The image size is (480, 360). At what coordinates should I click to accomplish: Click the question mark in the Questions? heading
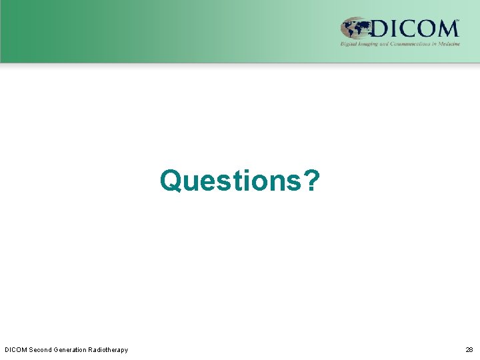[311, 180]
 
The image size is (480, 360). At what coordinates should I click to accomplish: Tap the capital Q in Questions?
[171, 181]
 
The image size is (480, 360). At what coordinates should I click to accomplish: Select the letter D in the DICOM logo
[381, 29]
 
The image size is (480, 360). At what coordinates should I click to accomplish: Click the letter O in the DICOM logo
[425, 29]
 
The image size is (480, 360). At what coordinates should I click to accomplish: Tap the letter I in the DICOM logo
[394, 29]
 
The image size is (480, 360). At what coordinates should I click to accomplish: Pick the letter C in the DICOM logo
[407, 29]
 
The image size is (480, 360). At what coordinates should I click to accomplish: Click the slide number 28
[469, 349]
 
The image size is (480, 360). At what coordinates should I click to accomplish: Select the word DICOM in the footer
[15, 349]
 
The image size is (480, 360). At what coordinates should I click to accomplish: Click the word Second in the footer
[41, 349]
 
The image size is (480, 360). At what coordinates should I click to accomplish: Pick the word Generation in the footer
[73, 349]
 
